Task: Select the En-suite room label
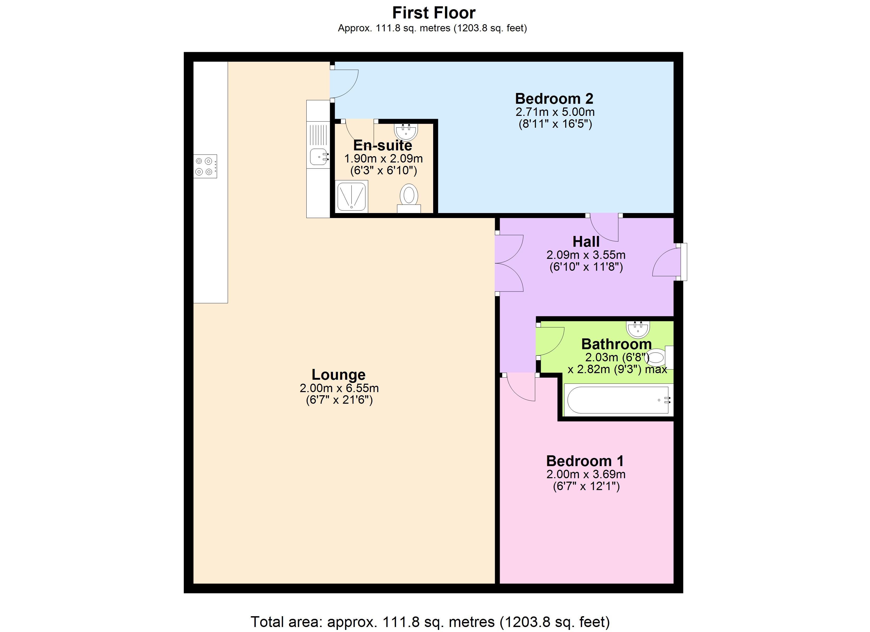[383, 146]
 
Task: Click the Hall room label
[586, 242]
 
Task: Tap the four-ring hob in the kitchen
[205, 166]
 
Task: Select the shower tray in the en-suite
[351, 196]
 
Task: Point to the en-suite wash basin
[406, 132]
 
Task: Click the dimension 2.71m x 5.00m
[555, 112]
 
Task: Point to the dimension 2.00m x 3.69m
[586, 475]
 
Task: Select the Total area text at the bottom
[430, 622]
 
